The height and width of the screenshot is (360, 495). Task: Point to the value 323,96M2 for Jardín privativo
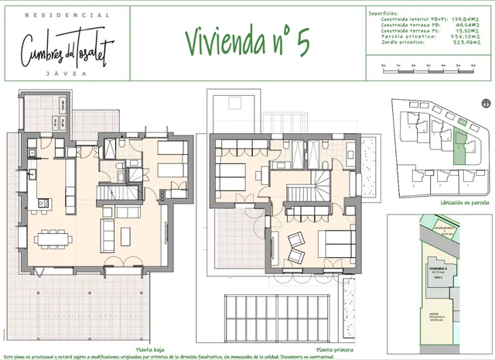pos(466,41)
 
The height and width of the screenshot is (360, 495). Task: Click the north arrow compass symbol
pos(485,102)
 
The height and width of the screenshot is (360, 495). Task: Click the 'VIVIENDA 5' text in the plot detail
pos(439,267)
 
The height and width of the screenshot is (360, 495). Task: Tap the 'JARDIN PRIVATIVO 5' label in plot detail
pos(441,316)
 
